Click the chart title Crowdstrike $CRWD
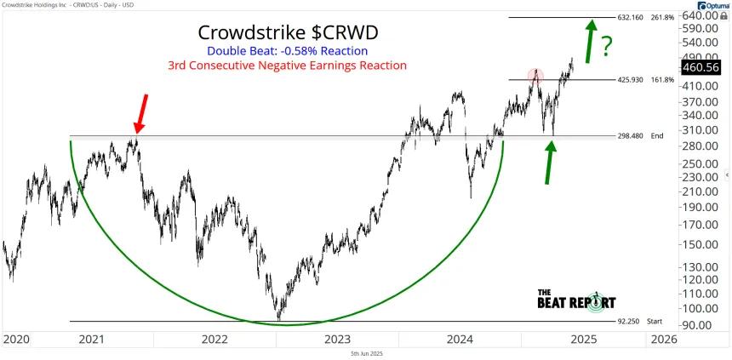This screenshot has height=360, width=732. point(289,32)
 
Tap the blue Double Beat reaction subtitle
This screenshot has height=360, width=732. point(288,50)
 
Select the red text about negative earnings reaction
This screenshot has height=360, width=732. point(288,65)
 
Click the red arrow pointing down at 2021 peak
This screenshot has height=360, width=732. point(141,114)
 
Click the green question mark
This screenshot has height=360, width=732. point(606,47)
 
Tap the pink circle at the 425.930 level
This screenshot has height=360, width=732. point(535,75)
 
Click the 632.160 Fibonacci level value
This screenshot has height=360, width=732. point(630,17)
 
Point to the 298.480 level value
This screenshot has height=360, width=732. point(630,136)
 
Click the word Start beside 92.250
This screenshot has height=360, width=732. point(654,321)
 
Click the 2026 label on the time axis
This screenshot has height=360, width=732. point(661,339)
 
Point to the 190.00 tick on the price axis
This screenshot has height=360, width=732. point(699,208)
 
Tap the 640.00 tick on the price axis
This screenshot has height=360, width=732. point(699,16)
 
